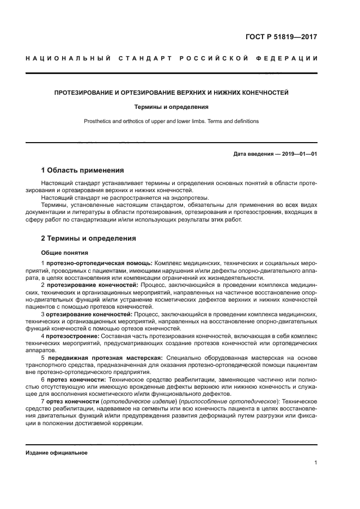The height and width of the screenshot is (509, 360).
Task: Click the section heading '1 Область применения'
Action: coord(84,170)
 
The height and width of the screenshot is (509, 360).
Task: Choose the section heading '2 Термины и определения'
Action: coord(89,238)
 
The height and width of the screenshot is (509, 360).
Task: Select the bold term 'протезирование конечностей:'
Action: coord(93,285)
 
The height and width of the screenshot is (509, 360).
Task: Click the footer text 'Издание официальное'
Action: coord(56,452)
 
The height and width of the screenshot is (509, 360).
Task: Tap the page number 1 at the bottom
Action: coord(316,463)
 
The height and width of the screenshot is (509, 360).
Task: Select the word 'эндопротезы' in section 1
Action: coord(191,198)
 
